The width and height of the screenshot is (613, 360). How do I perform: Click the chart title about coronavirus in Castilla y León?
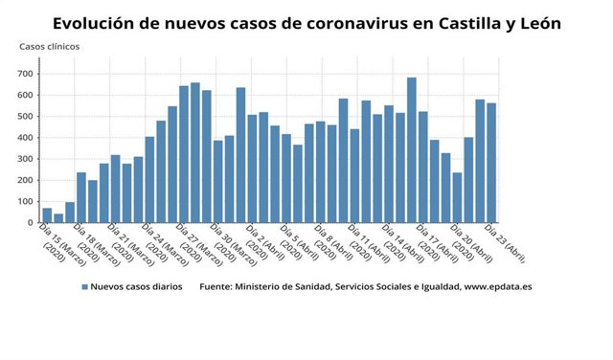[306, 21]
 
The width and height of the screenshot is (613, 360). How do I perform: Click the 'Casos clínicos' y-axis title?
[50, 46]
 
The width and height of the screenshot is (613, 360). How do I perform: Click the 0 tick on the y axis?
[32, 223]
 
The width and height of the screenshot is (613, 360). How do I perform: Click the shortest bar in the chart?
[58, 218]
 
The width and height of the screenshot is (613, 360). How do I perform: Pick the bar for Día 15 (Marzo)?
[47, 215]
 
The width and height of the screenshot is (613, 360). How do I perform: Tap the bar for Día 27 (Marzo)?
[184, 154]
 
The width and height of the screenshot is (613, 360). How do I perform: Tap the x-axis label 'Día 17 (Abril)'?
[435, 243]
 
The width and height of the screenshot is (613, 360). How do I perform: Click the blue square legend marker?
[84, 286]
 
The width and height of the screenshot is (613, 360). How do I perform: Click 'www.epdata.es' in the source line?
[497, 286]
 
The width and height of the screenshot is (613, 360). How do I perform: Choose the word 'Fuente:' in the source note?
[217, 286]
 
